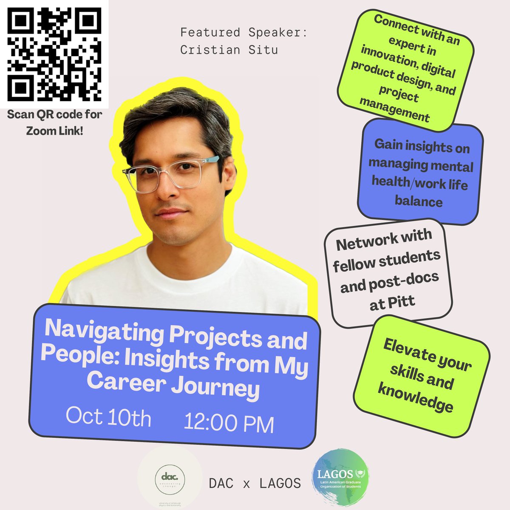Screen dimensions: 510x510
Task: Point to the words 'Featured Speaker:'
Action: coord(243,32)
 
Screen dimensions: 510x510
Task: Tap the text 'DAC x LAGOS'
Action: coord(255,483)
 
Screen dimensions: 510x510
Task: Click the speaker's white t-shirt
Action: coord(183,276)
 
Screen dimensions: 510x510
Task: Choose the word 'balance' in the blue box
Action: coord(419,201)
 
